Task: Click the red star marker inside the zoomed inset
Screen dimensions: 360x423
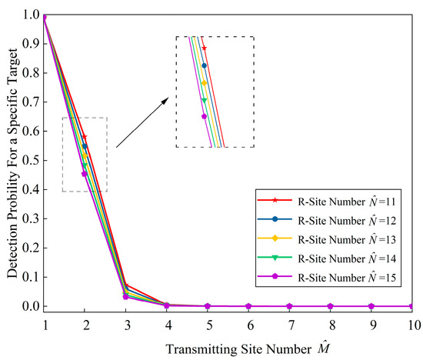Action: pos(204,48)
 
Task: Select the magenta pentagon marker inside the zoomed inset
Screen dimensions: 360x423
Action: pos(204,116)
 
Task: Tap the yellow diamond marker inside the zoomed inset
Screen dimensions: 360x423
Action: pos(204,82)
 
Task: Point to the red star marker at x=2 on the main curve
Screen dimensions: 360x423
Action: pos(85,136)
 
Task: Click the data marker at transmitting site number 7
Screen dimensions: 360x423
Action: pos(289,306)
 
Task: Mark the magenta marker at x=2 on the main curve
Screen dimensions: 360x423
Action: pos(85,174)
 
